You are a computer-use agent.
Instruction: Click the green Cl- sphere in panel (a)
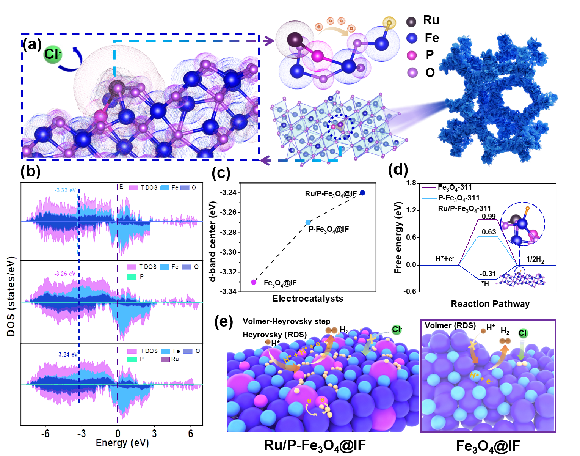52,54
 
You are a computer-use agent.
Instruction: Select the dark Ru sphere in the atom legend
411,21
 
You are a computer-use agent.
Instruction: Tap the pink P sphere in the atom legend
412,55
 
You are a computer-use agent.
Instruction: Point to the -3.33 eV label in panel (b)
65,190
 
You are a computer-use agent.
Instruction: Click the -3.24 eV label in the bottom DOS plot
67,354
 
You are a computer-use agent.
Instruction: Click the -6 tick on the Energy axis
45,433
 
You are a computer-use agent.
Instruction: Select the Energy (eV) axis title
122,443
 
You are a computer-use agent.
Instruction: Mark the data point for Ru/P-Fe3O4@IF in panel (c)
362,193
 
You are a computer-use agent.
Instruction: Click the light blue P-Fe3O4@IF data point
308,223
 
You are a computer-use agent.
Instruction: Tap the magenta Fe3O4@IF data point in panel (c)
254,282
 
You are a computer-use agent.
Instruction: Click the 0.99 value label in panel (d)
489,217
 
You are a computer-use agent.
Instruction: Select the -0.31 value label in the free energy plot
488,274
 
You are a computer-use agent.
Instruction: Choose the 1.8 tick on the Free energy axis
411,183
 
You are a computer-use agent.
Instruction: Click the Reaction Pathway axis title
490,304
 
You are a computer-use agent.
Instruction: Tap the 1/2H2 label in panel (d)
535,259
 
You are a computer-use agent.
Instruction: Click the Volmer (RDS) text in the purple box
450,325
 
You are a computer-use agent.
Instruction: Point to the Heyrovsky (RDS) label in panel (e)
274,335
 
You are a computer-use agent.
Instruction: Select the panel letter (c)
221,173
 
